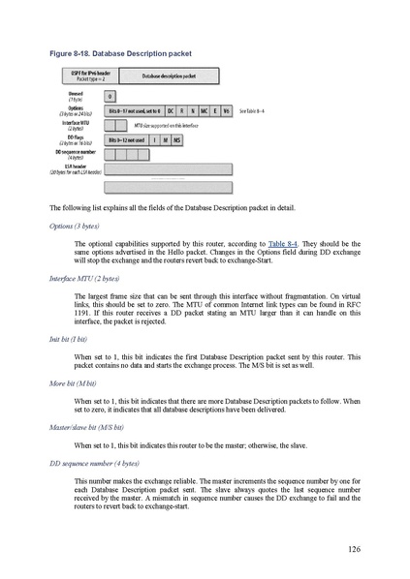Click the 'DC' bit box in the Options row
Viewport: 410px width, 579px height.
tap(171, 111)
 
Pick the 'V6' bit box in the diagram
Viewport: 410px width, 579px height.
tap(225, 111)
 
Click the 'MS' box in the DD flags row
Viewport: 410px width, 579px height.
tap(176, 139)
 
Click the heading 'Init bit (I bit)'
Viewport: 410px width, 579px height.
tap(68, 340)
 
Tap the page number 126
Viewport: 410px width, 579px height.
tap(354, 549)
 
